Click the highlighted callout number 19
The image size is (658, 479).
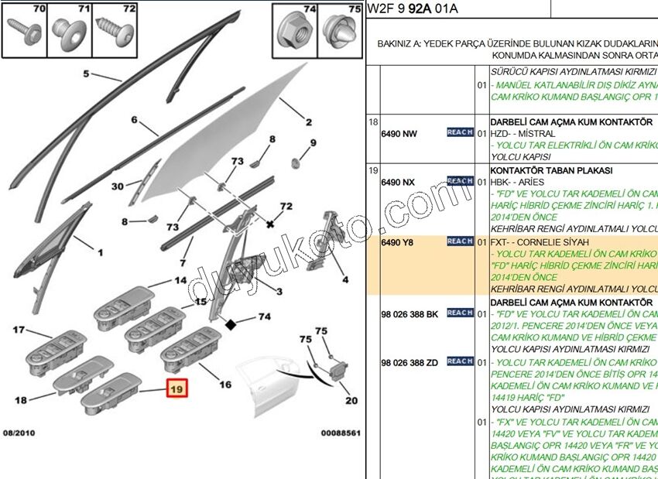(176, 390)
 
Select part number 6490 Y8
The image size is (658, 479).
(398, 242)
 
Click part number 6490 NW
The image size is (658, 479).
(399, 133)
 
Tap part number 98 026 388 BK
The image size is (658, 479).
(410, 314)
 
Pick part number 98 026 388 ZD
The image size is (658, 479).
(410, 362)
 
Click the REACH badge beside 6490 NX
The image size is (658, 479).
(460, 181)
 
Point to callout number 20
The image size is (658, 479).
(351, 400)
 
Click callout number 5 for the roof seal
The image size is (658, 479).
(87, 74)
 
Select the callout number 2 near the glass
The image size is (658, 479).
(308, 122)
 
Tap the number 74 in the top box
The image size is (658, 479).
(310, 9)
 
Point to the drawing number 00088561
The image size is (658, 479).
(340, 433)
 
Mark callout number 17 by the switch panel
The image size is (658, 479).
(20, 330)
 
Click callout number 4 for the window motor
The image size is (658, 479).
(344, 279)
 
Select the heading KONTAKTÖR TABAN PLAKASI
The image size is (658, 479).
(551, 169)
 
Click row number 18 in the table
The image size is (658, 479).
(372, 122)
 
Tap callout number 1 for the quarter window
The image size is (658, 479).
(99, 252)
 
